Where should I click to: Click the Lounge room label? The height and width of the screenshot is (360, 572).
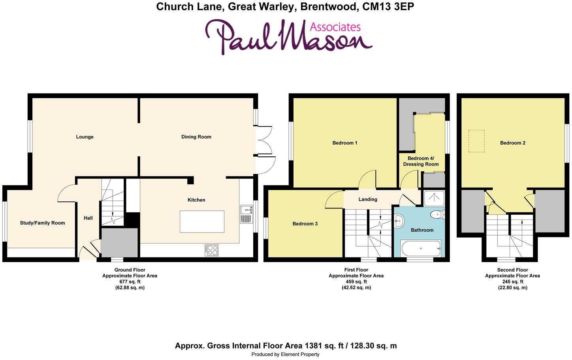pyautogui.click(x=85, y=137)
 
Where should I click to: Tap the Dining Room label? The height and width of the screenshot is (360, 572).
pyautogui.click(x=196, y=137)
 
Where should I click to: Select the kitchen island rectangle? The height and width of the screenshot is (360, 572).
pyautogui.click(x=202, y=221)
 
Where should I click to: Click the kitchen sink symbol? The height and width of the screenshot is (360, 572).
pyautogui.click(x=246, y=214)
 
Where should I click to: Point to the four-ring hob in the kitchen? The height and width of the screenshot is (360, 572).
pyautogui.click(x=211, y=250)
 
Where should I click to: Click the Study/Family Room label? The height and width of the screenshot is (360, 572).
pyautogui.click(x=42, y=223)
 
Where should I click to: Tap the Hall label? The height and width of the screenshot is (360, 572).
pyautogui.click(x=88, y=218)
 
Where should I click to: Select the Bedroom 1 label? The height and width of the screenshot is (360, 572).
pyautogui.click(x=344, y=143)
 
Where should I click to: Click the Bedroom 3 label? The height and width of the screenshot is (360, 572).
pyautogui.click(x=305, y=224)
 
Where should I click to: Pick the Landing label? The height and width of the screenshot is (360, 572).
pyautogui.click(x=367, y=199)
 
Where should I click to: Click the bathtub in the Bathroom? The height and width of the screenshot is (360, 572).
pyautogui.click(x=420, y=248)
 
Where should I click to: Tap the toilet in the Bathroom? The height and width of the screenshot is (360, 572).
pyautogui.click(x=437, y=215)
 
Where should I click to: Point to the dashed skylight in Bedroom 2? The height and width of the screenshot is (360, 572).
pyautogui.click(x=476, y=141)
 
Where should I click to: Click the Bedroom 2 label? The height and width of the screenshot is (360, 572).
pyautogui.click(x=512, y=143)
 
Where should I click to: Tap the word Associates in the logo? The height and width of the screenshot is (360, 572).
pyautogui.click(x=335, y=27)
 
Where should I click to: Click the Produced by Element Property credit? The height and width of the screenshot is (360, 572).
pyautogui.click(x=285, y=354)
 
